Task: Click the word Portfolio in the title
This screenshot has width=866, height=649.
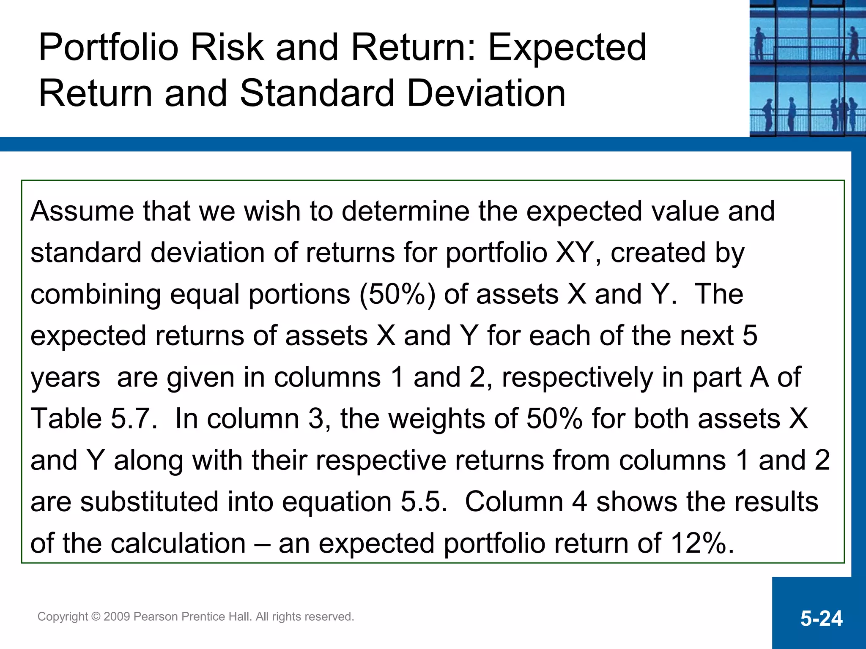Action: [x=108, y=48]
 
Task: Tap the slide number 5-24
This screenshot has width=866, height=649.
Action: [x=821, y=619]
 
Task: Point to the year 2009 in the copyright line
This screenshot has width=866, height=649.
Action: [x=117, y=617]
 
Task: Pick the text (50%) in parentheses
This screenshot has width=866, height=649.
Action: [x=397, y=295]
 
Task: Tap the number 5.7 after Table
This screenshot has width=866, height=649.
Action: [x=134, y=419]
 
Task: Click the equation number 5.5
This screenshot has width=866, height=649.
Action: [x=423, y=502]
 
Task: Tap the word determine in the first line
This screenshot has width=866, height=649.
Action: [x=406, y=211]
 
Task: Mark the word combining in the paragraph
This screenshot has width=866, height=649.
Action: [x=96, y=295]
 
